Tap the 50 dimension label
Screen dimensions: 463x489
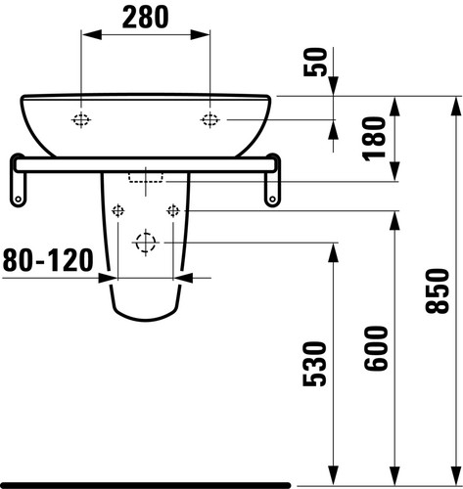coord(315,62)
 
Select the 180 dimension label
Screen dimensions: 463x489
coord(374,139)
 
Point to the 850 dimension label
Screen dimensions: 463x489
coord(438,290)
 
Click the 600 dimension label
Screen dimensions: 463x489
coord(376,348)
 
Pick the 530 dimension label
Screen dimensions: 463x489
coord(314,364)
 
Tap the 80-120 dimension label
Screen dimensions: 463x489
coord(48,260)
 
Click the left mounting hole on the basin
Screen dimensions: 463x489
coord(81,120)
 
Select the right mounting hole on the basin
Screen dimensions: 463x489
coord(209,120)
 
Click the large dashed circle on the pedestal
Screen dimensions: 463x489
coord(146,243)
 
